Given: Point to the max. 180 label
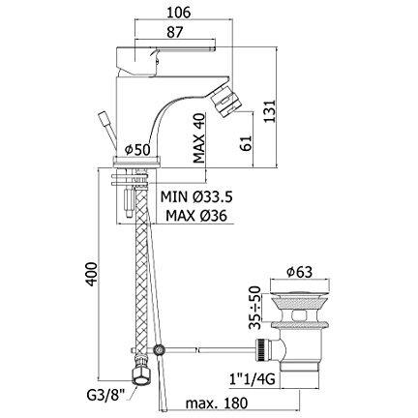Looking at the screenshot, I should coord(207,403).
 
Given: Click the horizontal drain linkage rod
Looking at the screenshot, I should coord(213,346).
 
